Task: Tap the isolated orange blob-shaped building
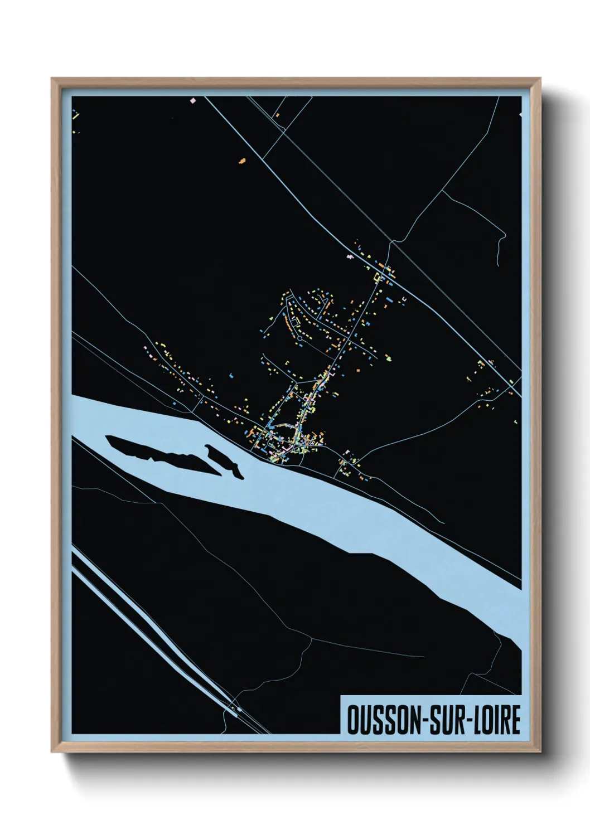click(242, 161)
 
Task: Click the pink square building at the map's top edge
click(194, 100)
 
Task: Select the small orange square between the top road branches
click(277, 115)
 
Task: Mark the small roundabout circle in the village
click(299, 337)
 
